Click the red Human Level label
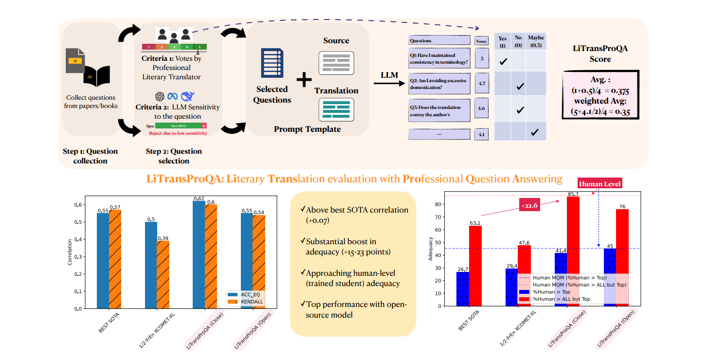pos(600,183)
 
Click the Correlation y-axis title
pos(70,252)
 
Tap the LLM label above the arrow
pos(389,74)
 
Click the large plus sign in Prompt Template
pos(304,81)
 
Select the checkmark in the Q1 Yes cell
pos(503,61)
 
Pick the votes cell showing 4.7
pos(481,84)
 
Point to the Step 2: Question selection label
pos(174,156)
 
